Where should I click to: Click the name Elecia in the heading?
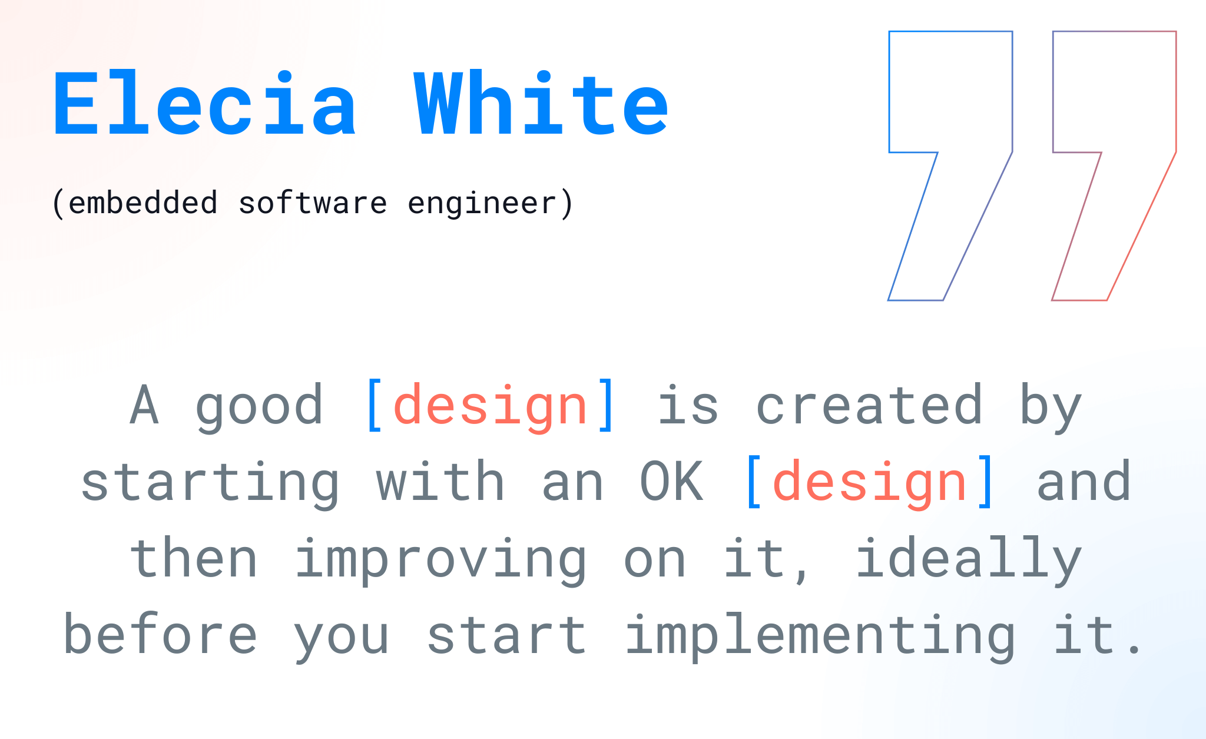coord(204,103)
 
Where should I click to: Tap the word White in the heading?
coord(541,103)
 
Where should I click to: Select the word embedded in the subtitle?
coord(143,203)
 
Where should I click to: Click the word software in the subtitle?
coord(313,203)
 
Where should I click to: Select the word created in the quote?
coord(869,405)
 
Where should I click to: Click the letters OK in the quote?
coord(671,482)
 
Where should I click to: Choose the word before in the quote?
coord(160,634)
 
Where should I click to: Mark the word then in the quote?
coord(194,558)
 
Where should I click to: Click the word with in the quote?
coord(440,481)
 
